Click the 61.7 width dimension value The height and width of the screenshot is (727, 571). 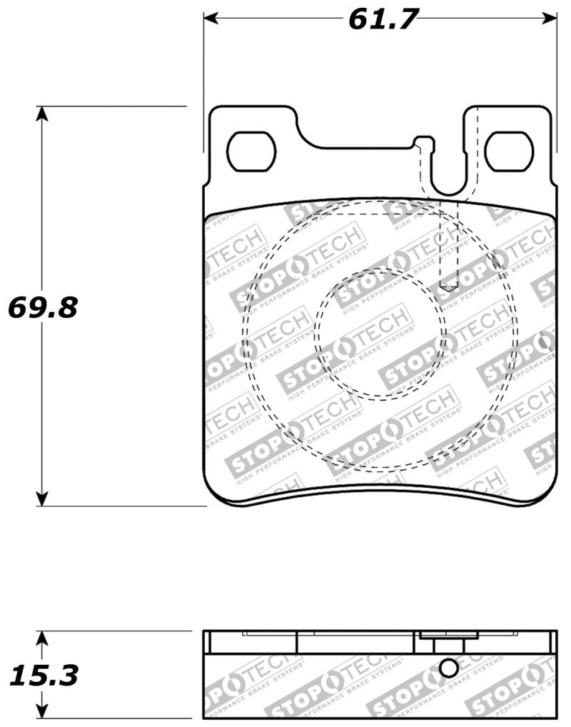coord(381,19)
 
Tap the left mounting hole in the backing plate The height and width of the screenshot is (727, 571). coord(251,151)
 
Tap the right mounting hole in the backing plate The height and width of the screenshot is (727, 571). coord(509,151)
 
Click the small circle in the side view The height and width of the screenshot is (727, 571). coord(448,668)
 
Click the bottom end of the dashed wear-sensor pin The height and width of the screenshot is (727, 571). coord(448,286)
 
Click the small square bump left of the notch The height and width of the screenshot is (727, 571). coord(423,141)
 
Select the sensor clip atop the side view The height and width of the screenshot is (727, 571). coord(443,635)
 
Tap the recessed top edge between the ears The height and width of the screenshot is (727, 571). coord(357,148)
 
